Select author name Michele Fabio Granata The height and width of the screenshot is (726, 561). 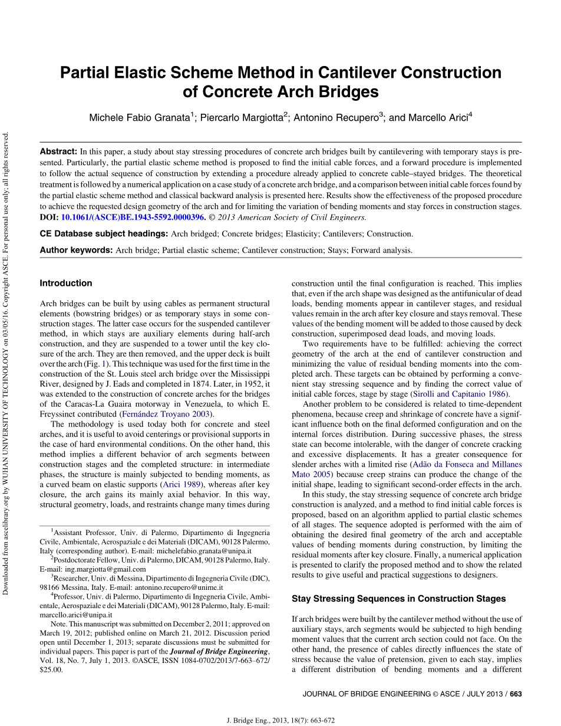(139, 118)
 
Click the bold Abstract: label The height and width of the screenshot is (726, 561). (58, 151)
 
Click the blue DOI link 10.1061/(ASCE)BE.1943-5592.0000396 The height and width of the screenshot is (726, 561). (133, 217)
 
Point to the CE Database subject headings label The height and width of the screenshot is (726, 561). (103, 234)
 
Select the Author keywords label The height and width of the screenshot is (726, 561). (76, 250)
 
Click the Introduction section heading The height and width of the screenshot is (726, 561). (66, 283)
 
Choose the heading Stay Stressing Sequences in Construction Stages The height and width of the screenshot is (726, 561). (398, 599)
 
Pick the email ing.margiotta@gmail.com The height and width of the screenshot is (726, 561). (105, 569)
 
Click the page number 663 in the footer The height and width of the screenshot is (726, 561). (516, 694)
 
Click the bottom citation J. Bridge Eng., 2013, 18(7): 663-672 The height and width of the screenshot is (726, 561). (280, 721)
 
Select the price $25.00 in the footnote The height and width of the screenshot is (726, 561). (51, 670)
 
